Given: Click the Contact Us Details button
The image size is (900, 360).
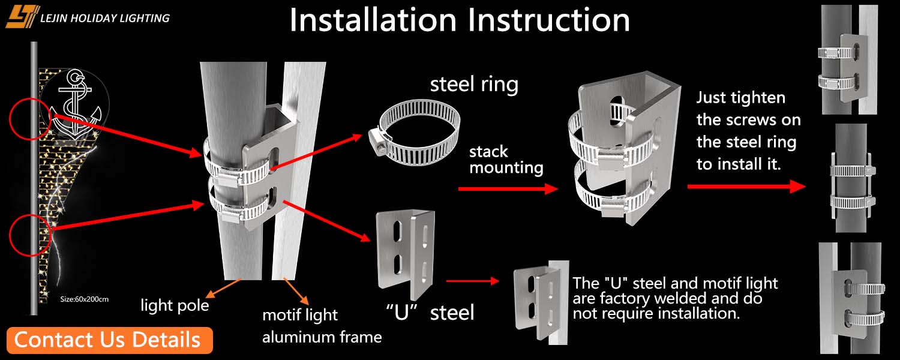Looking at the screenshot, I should click(x=110, y=340).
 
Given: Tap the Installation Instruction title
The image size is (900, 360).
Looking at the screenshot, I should click(x=460, y=20).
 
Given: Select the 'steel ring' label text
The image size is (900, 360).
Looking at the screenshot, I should click(x=474, y=84).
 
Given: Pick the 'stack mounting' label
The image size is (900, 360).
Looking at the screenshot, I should click(x=506, y=159).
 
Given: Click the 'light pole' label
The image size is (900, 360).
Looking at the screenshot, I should click(x=175, y=305).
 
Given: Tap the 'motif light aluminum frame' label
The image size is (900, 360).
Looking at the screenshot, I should click(x=322, y=326).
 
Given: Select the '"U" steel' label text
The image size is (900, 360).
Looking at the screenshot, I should click(x=430, y=312).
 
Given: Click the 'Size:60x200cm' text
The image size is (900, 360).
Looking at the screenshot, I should click(x=85, y=298).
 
